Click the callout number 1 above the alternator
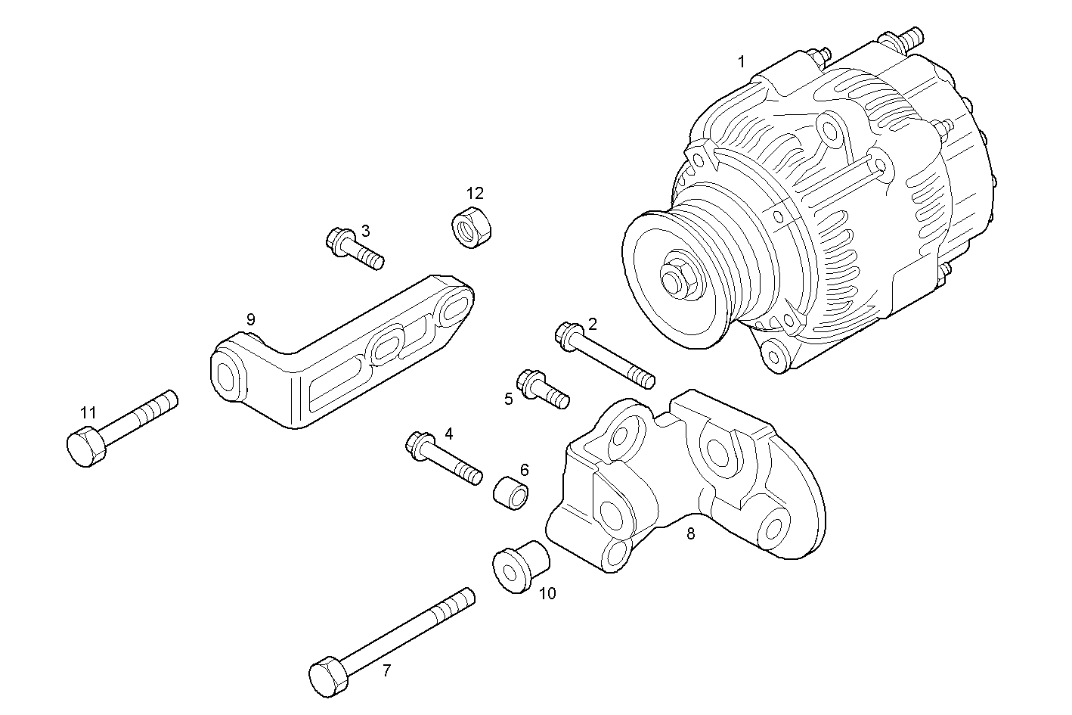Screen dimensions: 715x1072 click(741, 61)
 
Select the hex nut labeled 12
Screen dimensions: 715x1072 click(469, 226)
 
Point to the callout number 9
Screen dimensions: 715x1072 click(251, 319)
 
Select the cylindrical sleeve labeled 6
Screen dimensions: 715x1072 click(512, 493)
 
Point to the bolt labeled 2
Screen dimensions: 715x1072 click(605, 355)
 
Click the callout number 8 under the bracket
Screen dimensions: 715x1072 click(690, 533)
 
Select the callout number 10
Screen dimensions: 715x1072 click(547, 594)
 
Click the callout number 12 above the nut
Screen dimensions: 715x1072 click(474, 193)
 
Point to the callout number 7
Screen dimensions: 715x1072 click(386, 670)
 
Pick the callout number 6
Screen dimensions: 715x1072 click(524, 470)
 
